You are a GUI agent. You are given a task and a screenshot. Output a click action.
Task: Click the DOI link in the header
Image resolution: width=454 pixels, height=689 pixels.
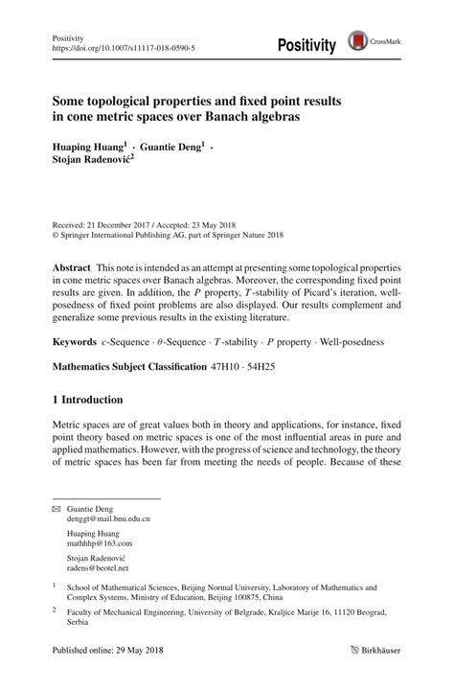(113, 46)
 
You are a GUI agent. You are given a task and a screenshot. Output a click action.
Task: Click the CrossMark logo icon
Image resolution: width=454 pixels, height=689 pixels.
(359, 42)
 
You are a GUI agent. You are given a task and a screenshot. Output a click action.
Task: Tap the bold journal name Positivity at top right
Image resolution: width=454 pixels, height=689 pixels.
(306, 45)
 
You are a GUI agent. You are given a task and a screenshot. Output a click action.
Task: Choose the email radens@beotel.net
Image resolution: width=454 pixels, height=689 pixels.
(99, 566)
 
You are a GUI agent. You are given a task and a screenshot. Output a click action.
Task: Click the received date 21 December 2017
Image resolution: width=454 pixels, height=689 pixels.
(120, 220)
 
